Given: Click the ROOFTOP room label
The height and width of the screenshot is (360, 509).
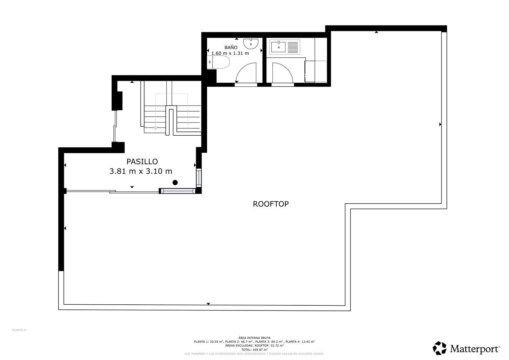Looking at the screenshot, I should tap(271, 204).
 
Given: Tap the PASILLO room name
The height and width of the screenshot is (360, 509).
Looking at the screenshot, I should tap(142, 162).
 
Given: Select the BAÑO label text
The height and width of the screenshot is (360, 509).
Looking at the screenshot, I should tap(231, 48).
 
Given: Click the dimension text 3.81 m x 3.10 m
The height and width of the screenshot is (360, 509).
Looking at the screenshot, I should tap(141, 171).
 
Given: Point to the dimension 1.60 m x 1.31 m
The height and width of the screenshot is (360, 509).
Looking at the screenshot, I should tap(230, 53).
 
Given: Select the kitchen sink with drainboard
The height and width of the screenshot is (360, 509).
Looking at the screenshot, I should tap(285, 47).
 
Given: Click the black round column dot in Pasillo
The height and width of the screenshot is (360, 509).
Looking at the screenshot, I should tap(175, 183).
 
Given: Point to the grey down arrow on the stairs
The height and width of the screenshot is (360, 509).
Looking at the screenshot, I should tap(155, 128).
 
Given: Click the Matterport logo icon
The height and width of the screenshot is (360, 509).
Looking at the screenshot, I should tap(439, 348).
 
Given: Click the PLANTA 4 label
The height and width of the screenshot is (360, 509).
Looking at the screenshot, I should tap(19, 330).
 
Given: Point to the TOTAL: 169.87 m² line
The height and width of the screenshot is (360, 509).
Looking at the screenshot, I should tap(254, 349).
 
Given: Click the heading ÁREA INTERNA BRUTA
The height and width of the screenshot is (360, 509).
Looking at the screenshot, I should tap(254, 338).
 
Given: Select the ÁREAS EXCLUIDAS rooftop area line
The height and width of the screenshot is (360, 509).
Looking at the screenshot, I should tap(254, 345).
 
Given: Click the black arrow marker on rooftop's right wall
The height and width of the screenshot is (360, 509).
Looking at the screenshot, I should tap(440, 125).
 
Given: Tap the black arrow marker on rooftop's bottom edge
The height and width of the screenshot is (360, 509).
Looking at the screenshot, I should tap(208, 304).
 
